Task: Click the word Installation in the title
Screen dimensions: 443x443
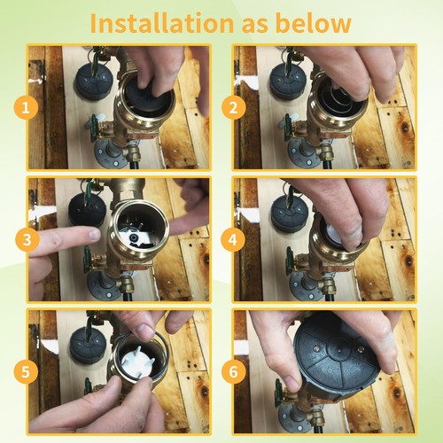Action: (161, 23)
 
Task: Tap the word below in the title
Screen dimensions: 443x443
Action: (313, 23)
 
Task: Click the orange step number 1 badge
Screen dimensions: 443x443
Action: (26, 107)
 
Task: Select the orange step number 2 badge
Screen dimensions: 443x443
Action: (233, 107)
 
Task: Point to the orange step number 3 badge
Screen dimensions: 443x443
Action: (27, 239)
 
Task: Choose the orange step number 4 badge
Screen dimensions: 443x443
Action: (233, 239)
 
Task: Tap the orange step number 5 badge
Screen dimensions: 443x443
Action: (26, 371)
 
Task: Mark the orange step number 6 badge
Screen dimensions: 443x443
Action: (233, 371)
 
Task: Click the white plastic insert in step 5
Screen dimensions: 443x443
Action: (138, 361)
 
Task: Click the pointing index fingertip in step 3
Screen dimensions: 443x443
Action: (94, 235)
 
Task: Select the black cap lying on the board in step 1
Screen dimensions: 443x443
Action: (92, 82)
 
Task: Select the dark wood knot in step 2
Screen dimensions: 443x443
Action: (405, 128)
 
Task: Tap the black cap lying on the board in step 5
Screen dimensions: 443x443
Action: (89, 346)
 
